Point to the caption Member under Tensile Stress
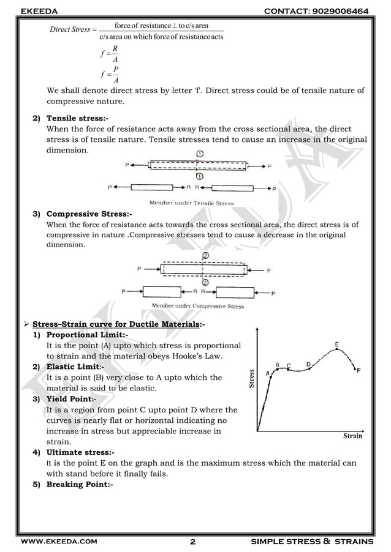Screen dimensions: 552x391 (191, 203)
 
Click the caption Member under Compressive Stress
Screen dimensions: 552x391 (197, 306)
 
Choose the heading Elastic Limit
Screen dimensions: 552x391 (75, 367)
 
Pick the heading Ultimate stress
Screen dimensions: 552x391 (80, 452)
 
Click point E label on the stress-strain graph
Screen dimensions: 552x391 (338, 345)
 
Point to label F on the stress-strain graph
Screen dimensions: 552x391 (359, 370)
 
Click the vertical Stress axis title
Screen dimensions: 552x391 (251, 377)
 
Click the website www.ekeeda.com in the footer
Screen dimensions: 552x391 (59, 542)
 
